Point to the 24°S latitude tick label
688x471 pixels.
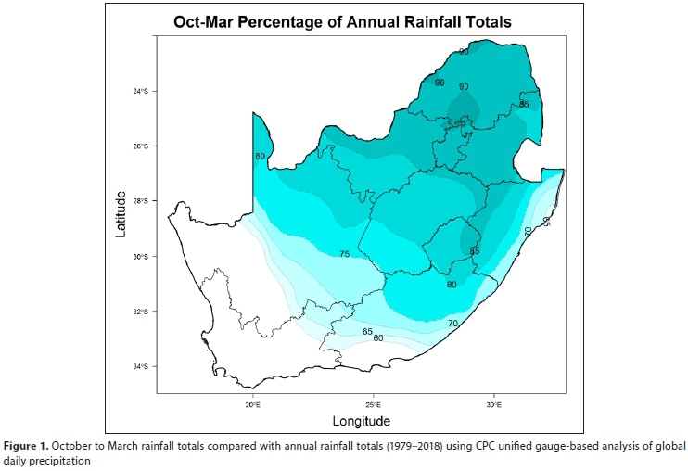tap(140, 91)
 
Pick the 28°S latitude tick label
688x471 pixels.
tap(140, 201)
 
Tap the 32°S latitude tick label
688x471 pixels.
tap(140, 312)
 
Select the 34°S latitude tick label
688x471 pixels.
tap(140, 366)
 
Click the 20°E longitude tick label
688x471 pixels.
tap(253, 404)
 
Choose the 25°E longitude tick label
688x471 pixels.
tap(374, 404)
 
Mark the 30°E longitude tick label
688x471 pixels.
tap(493, 404)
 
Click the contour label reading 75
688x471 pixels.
tap(344, 254)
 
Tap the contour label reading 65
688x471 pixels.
tap(367, 331)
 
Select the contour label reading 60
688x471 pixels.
tap(378, 338)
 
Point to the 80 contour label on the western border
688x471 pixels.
tap(260, 156)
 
